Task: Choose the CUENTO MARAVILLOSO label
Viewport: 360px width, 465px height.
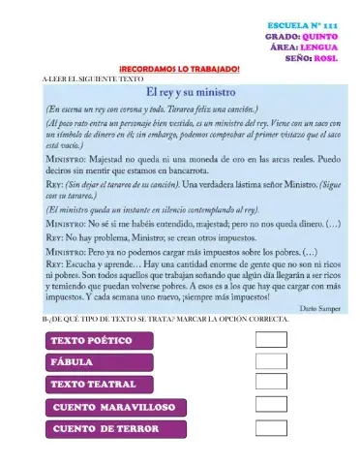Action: [113, 407]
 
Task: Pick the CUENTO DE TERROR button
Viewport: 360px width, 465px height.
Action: [113, 429]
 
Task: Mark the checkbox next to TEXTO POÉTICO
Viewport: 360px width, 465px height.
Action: [271, 340]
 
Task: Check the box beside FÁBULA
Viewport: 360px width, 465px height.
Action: [271, 361]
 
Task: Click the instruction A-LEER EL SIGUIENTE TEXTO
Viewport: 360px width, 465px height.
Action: [86, 78]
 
